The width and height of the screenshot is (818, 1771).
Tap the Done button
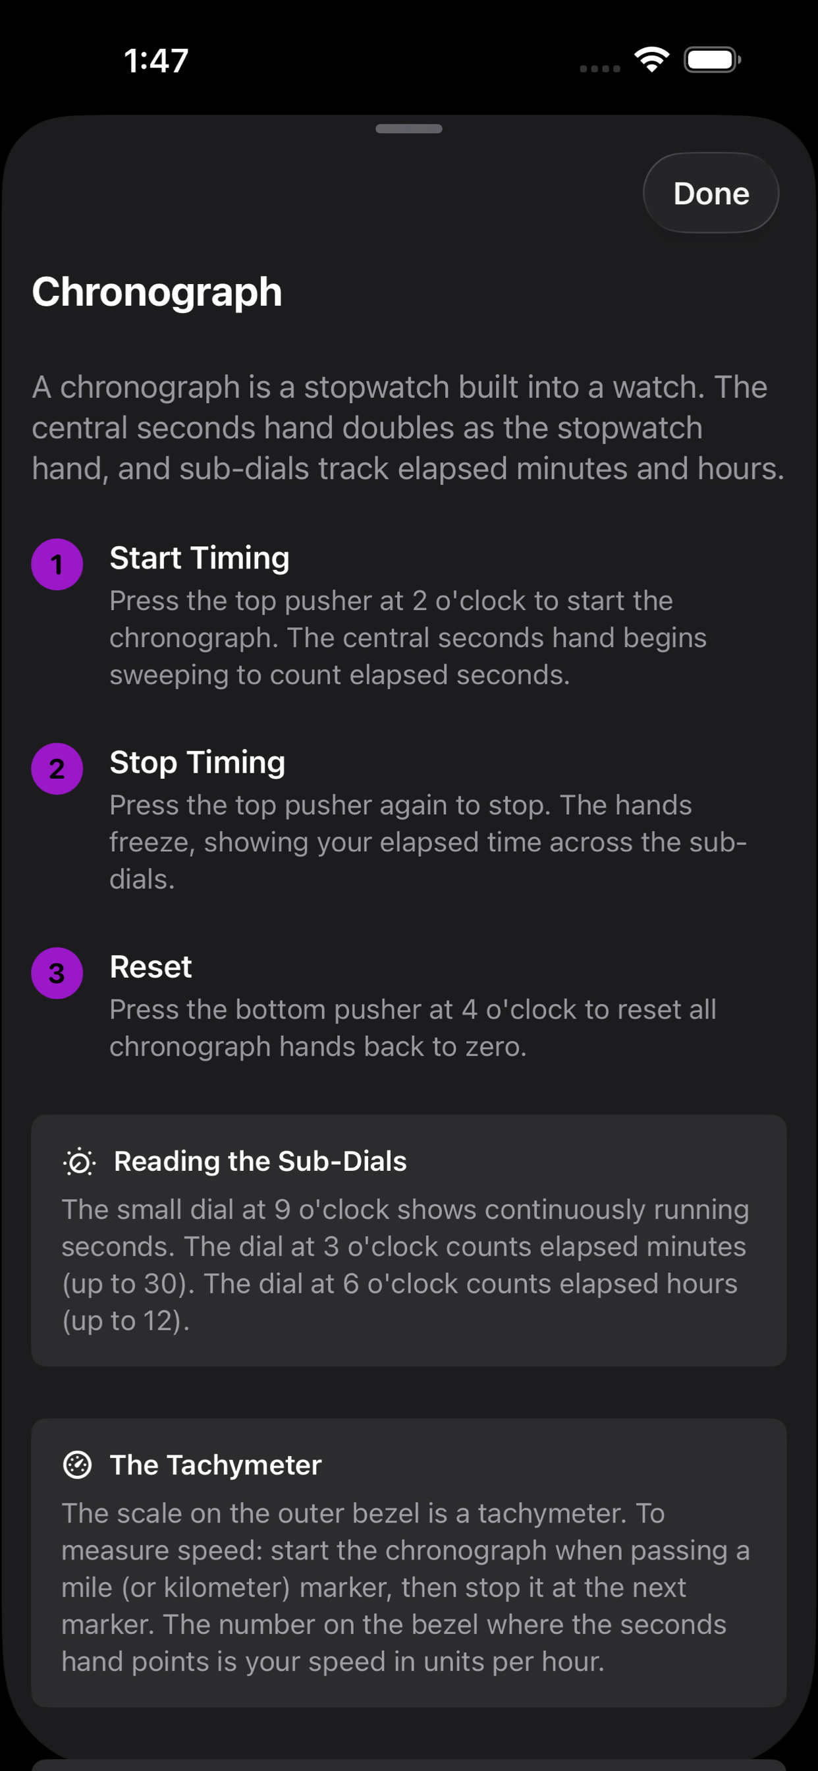tap(710, 193)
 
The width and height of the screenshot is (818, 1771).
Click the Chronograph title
tap(157, 292)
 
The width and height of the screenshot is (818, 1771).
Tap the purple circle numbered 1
tap(57, 565)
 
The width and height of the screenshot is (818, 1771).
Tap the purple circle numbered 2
tap(57, 769)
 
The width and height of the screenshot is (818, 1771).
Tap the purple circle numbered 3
tap(57, 973)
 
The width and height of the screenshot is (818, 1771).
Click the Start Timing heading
tap(200, 557)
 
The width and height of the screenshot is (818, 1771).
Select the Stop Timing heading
tap(198, 762)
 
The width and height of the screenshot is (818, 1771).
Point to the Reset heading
tap(151, 967)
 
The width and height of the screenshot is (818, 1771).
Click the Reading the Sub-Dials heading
tap(260, 1161)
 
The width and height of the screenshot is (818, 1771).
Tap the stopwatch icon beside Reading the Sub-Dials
tap(79, 1162)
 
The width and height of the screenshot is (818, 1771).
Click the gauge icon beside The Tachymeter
tap(77, 1465)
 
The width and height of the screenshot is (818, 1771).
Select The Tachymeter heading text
tap(215, 1465)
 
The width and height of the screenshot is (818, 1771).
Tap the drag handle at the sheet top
tap(408, 128)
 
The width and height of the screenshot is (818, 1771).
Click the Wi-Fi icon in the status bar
tap(651, 59)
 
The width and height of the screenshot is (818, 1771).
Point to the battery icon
tap(711, 60)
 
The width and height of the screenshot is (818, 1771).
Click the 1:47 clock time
tap(156, 61)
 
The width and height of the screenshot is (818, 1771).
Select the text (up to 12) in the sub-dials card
tap(125, 1321)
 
